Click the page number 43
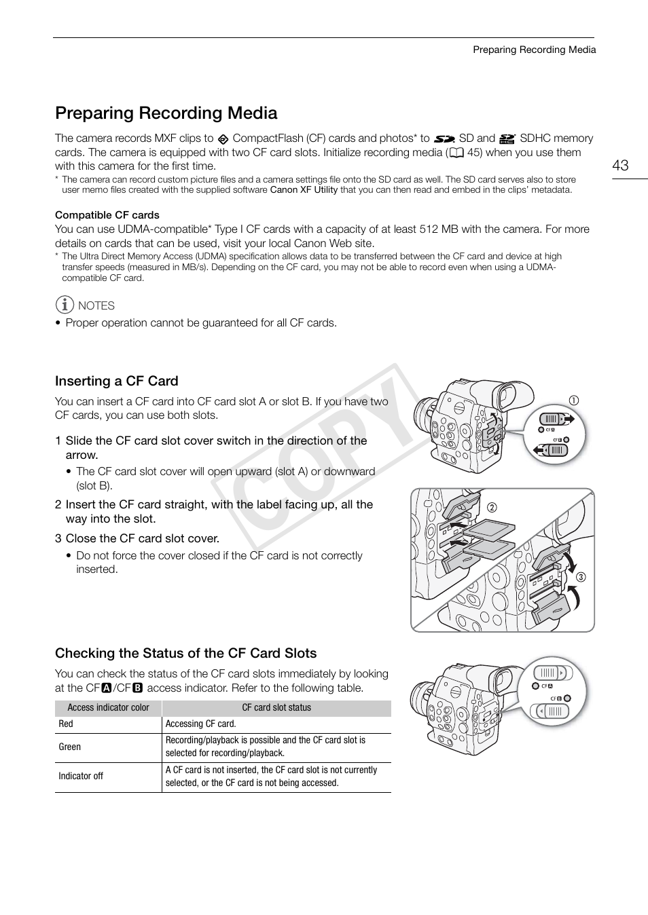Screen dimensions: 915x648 [x=619, y=166]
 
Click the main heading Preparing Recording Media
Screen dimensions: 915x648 [x=166, y=113]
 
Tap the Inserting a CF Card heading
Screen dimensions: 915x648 [x=117, y=381]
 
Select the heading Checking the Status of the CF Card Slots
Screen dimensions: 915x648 [x=185, y=653]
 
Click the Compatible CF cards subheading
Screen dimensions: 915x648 [x=107, y=215]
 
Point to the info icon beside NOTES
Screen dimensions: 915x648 [x=65, y=305]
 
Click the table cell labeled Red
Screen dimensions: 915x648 [x=66, y=724]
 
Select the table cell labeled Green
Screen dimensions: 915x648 [x=69, y=747]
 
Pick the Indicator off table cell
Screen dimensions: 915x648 [x=81, y=776]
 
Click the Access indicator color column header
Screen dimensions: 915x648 [x=108, y=707]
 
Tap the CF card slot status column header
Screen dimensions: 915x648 [x=276, y=707]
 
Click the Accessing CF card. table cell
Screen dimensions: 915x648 [x=200, y=724]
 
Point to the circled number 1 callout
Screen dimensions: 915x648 [x=574, y=400]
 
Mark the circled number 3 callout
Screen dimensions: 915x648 [x=581, y=577]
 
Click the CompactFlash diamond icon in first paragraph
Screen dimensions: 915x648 [x=223, y=139]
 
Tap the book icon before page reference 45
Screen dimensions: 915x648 [x=456, y=153]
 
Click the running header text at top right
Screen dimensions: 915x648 [x=534, y=50]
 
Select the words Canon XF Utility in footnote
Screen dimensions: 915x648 [x=304, y=190]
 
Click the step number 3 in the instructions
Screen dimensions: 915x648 [x=58, y=538]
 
